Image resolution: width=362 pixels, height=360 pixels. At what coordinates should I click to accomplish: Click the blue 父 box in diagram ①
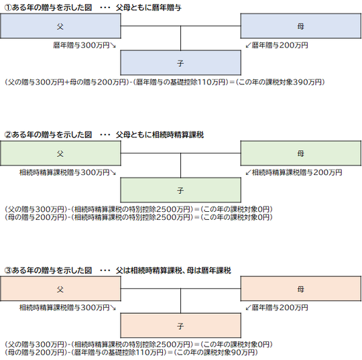(x=60, y=26)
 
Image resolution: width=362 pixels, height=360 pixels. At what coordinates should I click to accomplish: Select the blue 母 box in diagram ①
(x=301, y=26)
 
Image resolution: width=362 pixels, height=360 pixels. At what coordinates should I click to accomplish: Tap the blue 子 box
(x=180, y=63)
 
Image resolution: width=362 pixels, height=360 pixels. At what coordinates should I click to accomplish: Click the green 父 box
(x=60, y=153)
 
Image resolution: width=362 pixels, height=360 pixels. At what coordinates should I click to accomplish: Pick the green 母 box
(x=301, y=153)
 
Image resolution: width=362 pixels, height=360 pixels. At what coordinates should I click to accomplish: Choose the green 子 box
(x=180, y=190)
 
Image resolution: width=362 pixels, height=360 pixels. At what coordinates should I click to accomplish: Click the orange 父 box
(x=60, y=289)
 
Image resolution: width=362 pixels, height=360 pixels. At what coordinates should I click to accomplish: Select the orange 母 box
(x=301, y=289)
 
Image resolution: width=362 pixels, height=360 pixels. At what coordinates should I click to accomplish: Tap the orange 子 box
(x=180, y=326)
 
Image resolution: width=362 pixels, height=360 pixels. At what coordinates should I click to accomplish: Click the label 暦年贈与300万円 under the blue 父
(x=81, y=46)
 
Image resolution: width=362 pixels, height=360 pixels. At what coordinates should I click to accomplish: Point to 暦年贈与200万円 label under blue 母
(x=280, y=46)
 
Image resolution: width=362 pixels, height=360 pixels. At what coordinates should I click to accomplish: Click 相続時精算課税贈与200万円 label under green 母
(x=297, y=172)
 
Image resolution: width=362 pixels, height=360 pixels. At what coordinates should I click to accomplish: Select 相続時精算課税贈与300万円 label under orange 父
(x=64, y=308)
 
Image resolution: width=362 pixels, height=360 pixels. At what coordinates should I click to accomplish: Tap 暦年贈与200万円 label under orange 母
(x=280, y=308)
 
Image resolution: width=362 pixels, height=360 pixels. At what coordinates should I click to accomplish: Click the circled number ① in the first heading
(x=8, y=8)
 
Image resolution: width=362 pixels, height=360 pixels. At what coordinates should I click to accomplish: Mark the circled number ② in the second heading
(x=8, y=135)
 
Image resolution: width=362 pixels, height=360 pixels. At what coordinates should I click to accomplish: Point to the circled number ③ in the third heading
(x=8, y=270)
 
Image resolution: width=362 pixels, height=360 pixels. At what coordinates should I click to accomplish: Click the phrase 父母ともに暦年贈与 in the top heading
(x=149, y=8)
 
